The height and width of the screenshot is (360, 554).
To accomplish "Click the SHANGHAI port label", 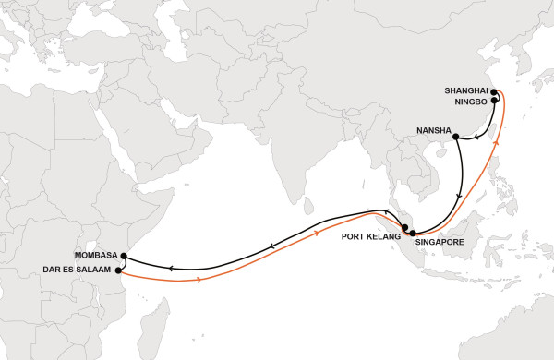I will pyautogui.click(x=464, y=90).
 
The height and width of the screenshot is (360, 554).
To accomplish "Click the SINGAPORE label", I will pyautogui.click(x=451, y=242).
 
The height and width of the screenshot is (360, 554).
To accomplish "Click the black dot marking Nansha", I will pyautogui.click(x=457, y=138).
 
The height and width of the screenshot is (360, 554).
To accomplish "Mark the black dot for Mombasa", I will pyautogui.click(x=124, y=258).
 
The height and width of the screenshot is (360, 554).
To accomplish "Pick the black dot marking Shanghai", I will pyautogui.click(x=494, y=92).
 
